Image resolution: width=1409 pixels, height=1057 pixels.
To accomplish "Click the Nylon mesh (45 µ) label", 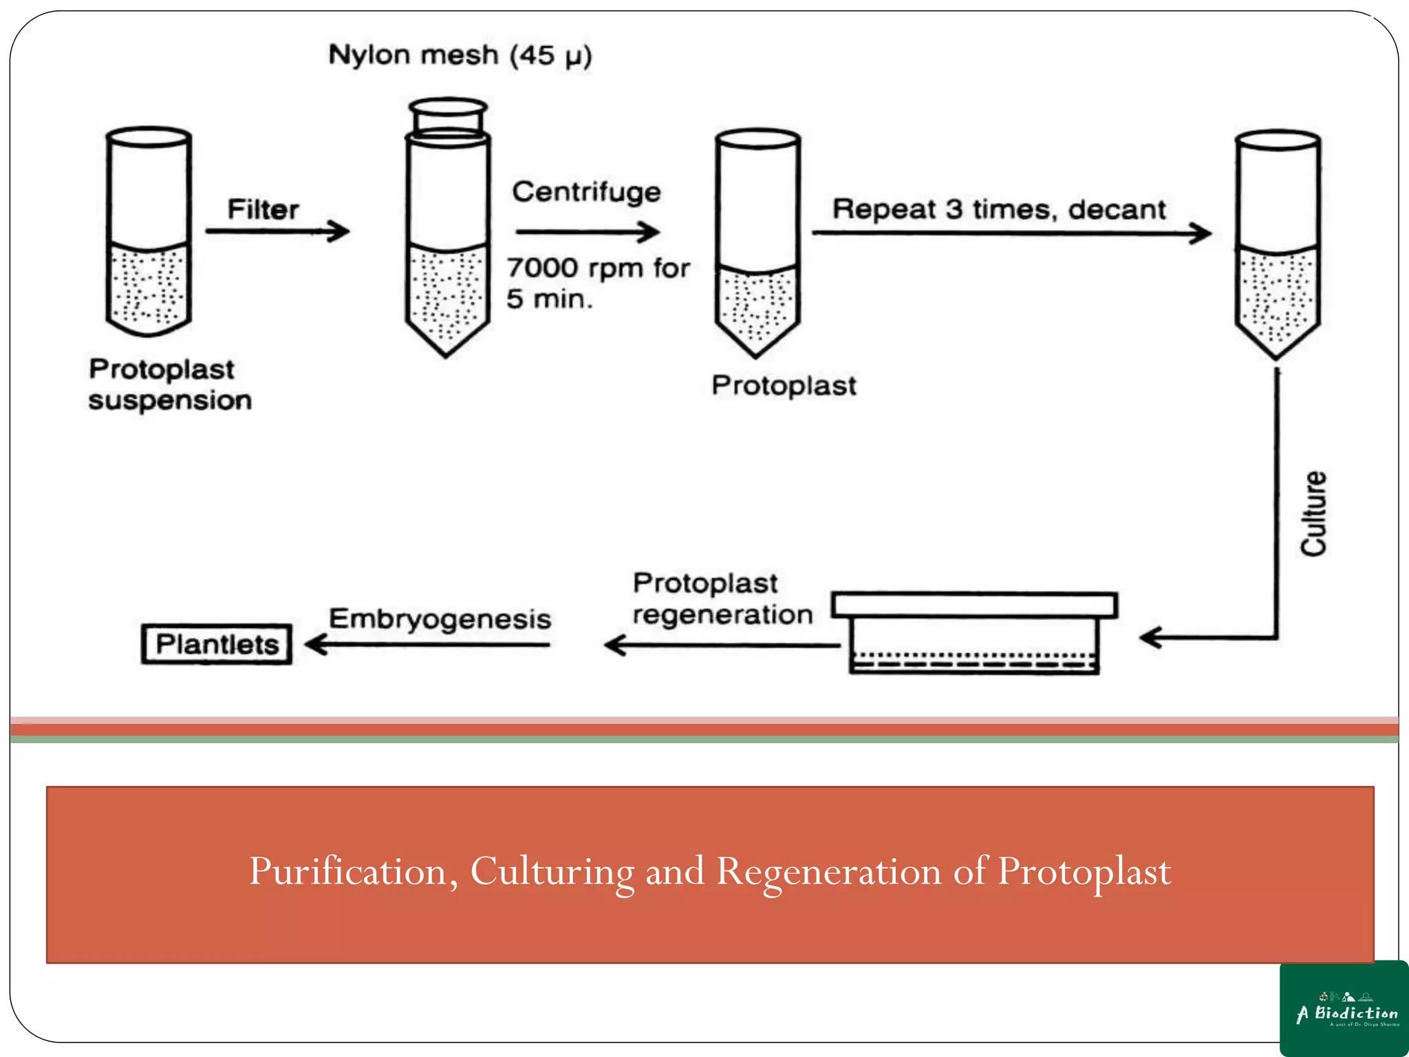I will pyautogui.click(x=460, y=55).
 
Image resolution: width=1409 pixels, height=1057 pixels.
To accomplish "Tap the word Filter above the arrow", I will pyautogui.click(x=263, y=209).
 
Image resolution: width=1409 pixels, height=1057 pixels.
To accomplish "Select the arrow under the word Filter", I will pyautogui.click(x=278, y=231).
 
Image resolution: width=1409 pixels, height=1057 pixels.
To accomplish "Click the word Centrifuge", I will pyautogui.click(x=586, y=192).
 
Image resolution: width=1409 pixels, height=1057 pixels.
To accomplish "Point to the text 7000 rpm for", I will pyautogui.click(x=598, y=268).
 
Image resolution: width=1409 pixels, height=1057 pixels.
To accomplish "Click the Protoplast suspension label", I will pyautogui.click(x=169, y=385).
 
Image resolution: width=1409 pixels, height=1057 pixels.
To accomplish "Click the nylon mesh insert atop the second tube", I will pyautogui.click(x=448, y=116).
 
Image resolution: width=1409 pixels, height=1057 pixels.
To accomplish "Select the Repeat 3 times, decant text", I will pyautogui.click(x=999, y=209).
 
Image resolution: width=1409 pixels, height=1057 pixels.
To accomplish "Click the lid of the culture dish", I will pyautogui.click(x=974, y=605).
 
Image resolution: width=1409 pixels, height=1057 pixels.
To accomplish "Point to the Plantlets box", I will pyautogui.click(x=217, y=644).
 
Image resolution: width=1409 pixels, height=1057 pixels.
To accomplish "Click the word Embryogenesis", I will pyautogui.click(x=440, y=619).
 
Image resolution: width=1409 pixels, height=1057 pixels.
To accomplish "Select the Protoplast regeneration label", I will pyautogui.click(x=722, y=599).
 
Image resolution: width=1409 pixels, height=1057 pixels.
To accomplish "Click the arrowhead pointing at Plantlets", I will pyautogui.click(x=314, y=645).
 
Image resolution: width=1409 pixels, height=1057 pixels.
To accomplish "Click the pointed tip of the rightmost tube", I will pyautogui.click(x=1277, y=354).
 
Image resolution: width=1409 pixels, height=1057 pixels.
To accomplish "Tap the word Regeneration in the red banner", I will pyautogui.click(x=829, y=873).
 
